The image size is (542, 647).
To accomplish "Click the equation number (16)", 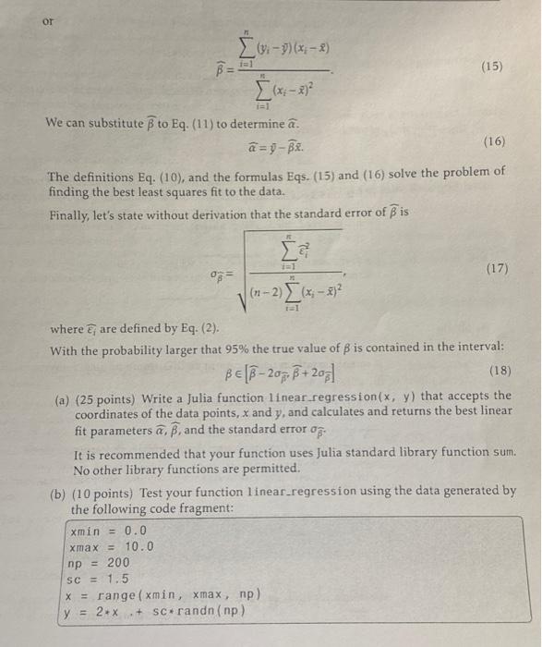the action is [x=495, y=141].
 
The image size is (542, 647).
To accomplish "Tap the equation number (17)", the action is [x=495, y=269].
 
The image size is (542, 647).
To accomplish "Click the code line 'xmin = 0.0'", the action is [x=106, y=531].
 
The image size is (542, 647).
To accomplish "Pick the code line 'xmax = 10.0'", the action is [x=111, y=545].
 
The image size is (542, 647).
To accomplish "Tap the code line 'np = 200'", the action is [x=99, y=562].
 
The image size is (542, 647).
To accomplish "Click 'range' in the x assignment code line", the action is [x=126, y=593].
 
